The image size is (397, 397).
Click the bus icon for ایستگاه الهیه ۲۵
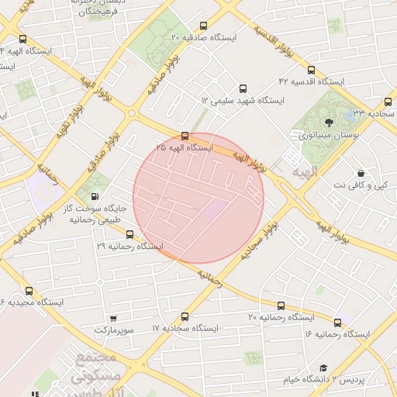184,135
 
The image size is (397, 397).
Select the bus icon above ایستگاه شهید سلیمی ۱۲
243,88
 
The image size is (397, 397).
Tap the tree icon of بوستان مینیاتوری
329,121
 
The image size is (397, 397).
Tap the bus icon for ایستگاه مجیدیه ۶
29,290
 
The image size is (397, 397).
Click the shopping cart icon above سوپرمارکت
114,318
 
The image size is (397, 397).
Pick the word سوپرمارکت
115,330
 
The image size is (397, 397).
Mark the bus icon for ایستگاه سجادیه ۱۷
185,316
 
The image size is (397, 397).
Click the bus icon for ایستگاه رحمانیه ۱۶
337,322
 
